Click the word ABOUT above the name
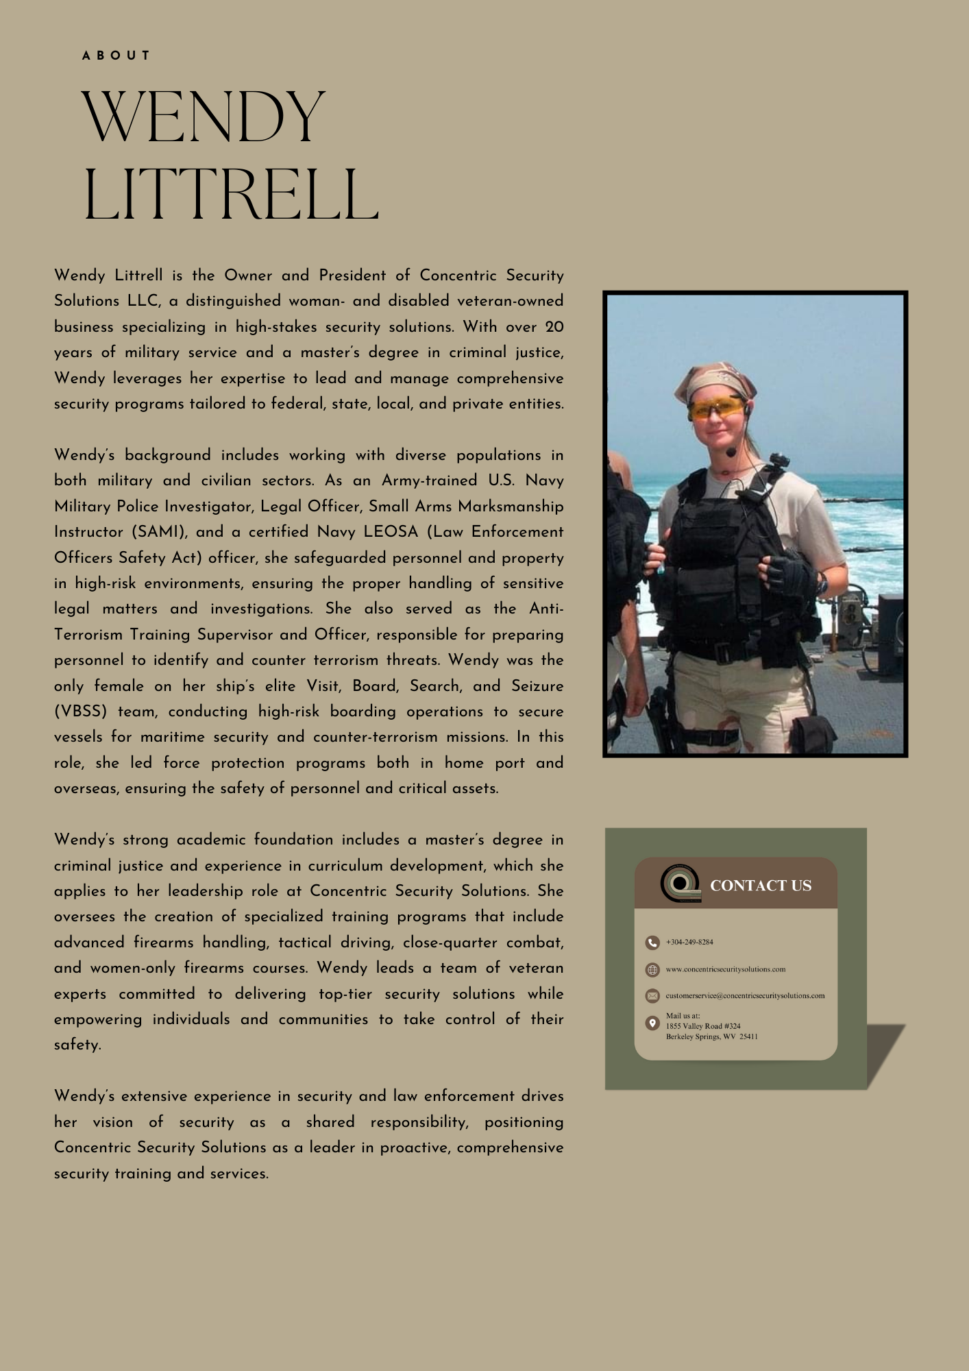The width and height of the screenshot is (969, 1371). point(116,56)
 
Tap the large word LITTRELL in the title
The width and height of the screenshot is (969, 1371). point(230,195)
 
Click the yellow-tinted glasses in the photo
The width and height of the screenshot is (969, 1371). point(716,409)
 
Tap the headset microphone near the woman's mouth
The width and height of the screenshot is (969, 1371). point(731,452)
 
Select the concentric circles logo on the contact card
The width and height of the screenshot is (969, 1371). point(680,883)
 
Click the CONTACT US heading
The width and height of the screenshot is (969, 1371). point(761,886)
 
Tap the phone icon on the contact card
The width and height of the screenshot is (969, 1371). point(652,943)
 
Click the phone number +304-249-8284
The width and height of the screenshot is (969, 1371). point(689,943)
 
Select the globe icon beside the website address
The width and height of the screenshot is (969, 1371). point(652,970)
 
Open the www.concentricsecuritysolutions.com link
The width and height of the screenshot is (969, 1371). point(726,969)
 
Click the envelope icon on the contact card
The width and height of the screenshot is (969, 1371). point(652,995)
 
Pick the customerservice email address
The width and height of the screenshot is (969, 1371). point(745,995)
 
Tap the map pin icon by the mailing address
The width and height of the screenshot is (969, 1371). point(652,1023)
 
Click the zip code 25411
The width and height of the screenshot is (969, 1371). point(748,1036)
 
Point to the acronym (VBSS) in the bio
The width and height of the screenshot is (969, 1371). point(81,712)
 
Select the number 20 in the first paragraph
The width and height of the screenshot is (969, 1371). point(554,327)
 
